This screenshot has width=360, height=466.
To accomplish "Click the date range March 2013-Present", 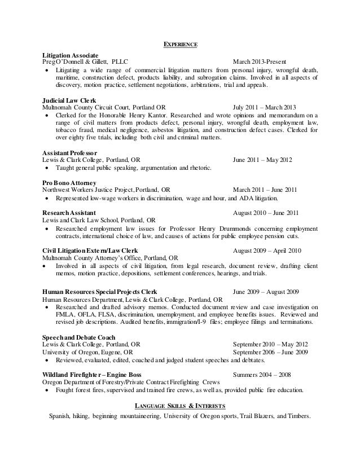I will (260, 61).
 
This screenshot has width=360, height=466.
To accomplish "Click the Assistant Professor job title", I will (71, 152).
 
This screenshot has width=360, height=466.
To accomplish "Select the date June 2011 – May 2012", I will (262, 160).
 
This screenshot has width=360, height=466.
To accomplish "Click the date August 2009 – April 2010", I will (267, 250).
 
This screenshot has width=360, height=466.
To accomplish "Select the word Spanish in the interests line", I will (62, 416).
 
